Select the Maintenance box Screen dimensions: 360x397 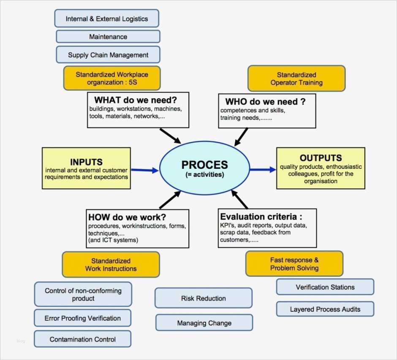point(108,37)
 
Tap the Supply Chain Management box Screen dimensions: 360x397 point(108,55)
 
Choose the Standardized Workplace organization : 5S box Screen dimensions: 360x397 point(112,78)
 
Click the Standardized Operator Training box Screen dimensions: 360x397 point(296,78)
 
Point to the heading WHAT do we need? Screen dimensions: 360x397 point(135,100)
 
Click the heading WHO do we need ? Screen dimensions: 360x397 point(265,101)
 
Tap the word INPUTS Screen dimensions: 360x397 point(86,162)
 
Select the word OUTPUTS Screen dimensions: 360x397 point(321,158)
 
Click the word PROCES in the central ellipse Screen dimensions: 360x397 point(204,165)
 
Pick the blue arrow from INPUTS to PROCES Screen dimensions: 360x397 point(145,170)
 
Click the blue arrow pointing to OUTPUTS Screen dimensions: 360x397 point(262,170)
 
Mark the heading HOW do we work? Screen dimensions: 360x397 point(127,217)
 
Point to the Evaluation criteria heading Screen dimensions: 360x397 point(261,217)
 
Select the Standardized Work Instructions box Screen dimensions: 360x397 point(111,265)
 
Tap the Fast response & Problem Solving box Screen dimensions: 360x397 point(294,264)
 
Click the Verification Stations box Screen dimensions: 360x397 point(325,287)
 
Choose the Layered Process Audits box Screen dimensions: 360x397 point(325,309)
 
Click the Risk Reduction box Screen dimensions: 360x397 point(203,298)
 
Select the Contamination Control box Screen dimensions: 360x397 point(82,339)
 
